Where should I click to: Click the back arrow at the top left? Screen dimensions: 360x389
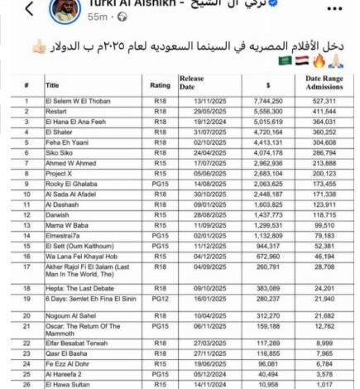pyautogui.click(x=30, y=9)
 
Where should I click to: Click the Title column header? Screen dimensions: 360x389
pyautogui.click(x=52, y=84)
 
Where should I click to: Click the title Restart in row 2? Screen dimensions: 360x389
pyautogui.click(x=55, y=110)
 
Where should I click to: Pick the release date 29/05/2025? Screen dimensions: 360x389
pyautogui.click(x=196, y=110)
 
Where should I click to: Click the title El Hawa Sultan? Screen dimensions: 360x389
pyautogui.click(x=68, y=384)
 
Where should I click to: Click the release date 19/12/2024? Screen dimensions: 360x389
pyautogui.click(x=196, y=121)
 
